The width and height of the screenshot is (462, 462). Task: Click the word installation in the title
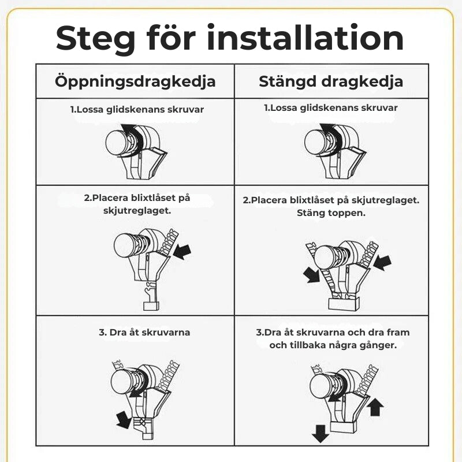pyautogui.click(x=305, y=38)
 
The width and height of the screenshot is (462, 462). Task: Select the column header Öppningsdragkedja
pyautogui.click(x=135, y=81)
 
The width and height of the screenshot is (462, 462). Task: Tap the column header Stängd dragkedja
pyautogui.click(x=331, y=81)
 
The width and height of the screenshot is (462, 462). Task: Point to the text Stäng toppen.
pyautogui.click(x=331, y=213)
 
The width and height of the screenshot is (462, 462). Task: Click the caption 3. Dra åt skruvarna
pyautogui.click(x=144, y=333)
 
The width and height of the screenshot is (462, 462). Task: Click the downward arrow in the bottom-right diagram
pyautogui.click(x=321, y=434)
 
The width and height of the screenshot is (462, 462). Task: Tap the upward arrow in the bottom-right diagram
pyautogui.click(x=377, y=407)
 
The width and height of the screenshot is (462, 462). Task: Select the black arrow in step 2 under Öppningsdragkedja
pyautogui.click(x=182, y=252)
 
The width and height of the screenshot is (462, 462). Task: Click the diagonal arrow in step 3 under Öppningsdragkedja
pyautogui.click(x=124, y=420)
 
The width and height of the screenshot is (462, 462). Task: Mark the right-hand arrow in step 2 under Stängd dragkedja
pyautogui.click(x=382, y=262)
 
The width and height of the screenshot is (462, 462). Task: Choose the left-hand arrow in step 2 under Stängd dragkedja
pyautogui.click(x=311, y=275)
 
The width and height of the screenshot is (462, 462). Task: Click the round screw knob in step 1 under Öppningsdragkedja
pyautogui.click(x=117, y=143)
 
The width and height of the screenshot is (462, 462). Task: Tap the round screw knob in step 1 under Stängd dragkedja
pyautogui.click(x=316, y=143)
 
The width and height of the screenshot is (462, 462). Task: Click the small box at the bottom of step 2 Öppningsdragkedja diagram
pyautogui.click(x=151, y=306)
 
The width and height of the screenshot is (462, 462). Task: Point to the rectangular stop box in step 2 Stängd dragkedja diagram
pyautogui.click(x=344, y=303)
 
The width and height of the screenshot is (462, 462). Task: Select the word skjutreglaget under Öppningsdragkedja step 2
pyautogui.click(x=137, y=211)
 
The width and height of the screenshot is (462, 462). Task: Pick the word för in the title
pyautogui.click(x=171, y=38)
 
